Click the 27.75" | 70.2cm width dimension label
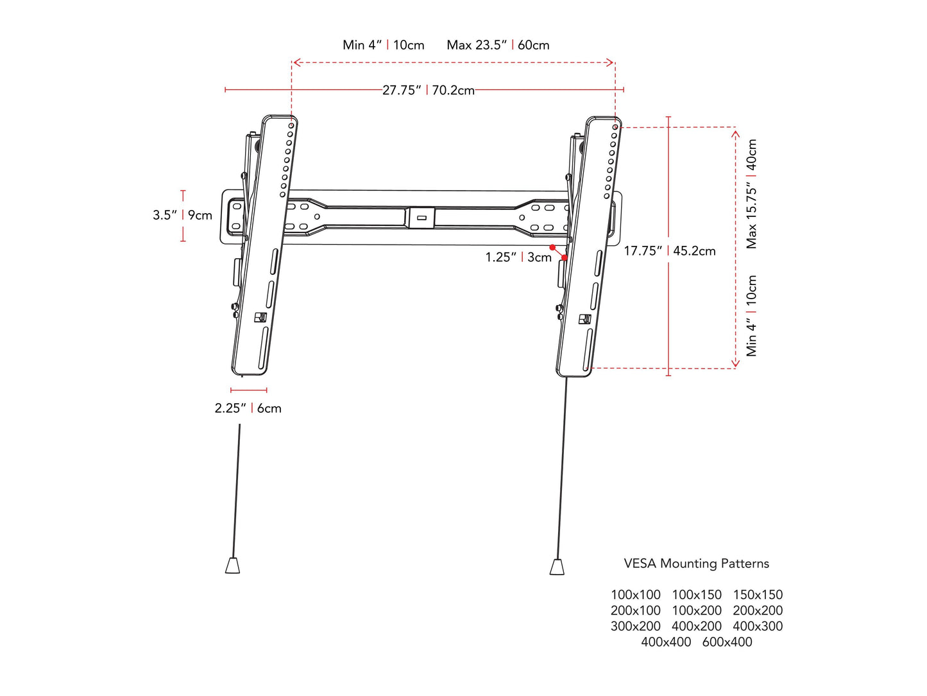point(429,91)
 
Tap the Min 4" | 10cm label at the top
point(384,45)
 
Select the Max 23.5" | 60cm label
point(498,45)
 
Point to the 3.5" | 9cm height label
point(182,215)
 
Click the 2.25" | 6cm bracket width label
point(248,408)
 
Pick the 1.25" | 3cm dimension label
point(518,257)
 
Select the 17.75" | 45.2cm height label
point(670,251)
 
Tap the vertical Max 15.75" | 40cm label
point(752,194)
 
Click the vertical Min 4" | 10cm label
point(752,316)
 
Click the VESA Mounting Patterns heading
point(696,564)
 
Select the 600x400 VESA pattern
point(727,642)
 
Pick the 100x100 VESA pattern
point(635,595)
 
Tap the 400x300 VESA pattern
point(758,626)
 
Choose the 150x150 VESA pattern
point(758,595)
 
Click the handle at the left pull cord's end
point(232,565)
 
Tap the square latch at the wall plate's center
point(421,218)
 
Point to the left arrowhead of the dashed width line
point(294,63)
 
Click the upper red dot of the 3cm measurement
point(552,247)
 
